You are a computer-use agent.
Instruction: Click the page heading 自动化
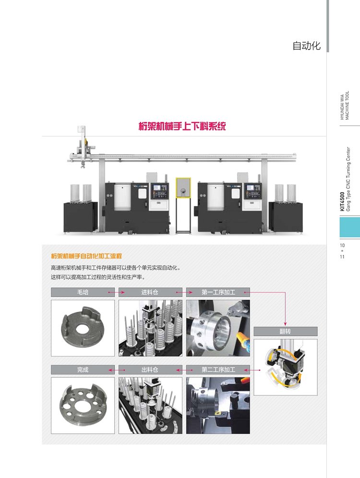(306, 46)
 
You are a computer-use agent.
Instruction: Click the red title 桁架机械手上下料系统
(182, 126)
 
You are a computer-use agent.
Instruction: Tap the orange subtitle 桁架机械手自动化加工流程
(86, 256)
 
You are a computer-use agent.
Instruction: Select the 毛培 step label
(83, 292)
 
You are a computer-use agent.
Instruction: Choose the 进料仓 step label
(150, 292)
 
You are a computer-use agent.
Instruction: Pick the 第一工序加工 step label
(218, 292)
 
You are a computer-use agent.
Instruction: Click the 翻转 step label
(286, 331)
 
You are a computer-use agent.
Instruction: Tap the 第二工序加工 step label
(218, 370)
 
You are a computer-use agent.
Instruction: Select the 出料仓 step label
(150, 370)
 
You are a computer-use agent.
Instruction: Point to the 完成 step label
(83, 370)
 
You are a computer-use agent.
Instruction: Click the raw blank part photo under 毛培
(83, 328)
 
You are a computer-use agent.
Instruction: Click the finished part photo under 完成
(83, 405)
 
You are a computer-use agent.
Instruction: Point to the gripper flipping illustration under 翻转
(286, 367)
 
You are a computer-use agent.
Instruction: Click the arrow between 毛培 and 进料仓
(117, 293)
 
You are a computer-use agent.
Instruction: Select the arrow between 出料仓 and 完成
(117, 370)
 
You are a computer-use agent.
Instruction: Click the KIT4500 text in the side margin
(342, 201)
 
